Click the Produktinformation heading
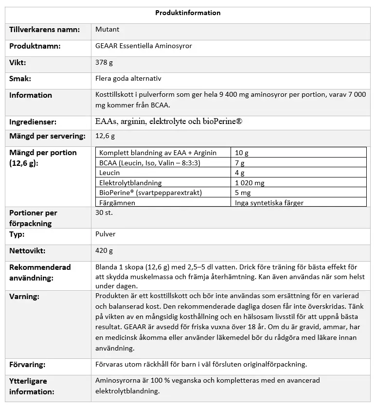188,13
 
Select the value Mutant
107,30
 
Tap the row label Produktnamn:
35,46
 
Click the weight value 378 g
104,63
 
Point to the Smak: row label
20,79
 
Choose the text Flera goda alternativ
128,79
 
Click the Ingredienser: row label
33,122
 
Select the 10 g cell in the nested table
242,153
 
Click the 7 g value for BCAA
240,163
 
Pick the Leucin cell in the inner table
109,173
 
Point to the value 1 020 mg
250,183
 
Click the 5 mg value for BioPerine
243,193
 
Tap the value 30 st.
105,213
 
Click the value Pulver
106,234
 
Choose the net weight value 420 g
104,251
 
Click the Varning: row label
24,296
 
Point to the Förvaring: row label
27,364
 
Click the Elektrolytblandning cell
130,183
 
